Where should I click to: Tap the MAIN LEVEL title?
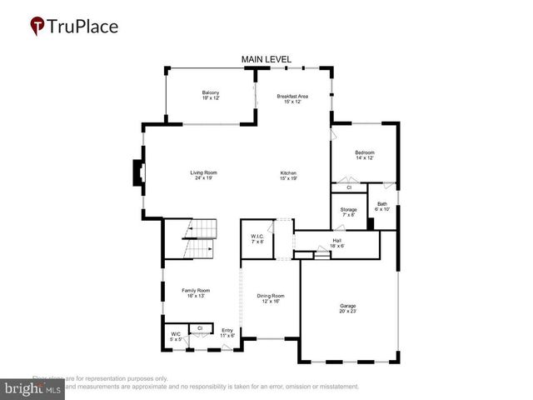click(266, 59)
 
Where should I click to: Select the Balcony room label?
click(210, 95)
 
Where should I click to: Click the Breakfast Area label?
click(293, 99)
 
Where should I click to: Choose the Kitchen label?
click(288, 175)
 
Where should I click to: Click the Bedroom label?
click(365, 155)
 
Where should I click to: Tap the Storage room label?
click(348, 212)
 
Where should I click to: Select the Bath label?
click(381, 206)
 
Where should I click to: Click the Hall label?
click(336, 242)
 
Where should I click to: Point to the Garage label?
click(347, 307)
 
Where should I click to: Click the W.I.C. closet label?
click(257, 239)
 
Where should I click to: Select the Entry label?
click(227, 332)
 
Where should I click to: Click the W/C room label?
click(175, 337)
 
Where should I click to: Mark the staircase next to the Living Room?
click(200, 239)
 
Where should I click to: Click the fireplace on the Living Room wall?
click(137, 173)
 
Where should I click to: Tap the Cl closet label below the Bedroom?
click(348, 187)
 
